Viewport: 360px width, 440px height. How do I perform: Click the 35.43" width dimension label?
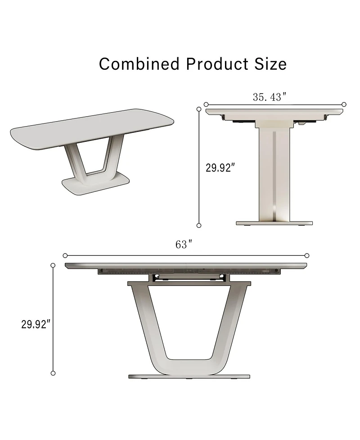[x=270, y=96]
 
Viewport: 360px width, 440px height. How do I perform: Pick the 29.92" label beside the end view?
[x=220, y=168]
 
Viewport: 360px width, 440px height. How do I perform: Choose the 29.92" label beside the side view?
[x=35, y=324]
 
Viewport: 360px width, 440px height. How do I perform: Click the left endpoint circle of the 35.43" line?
[x=206, y=104]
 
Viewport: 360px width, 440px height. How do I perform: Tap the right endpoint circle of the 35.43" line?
[x=344, y=104]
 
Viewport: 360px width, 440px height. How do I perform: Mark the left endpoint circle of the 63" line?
[x=65, y=255]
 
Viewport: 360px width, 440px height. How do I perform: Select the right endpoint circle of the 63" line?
[x=307, y=255]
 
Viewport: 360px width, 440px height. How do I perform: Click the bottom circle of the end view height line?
[x=199, y=225]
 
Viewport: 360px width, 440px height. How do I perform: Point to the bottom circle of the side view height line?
[x=53, y=373]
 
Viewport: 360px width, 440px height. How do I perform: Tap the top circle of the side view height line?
[x=53, y=266]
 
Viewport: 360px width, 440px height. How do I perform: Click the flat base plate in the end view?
[x=274, y=223]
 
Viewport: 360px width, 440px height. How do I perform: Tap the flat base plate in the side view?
[x=189, y=376]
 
